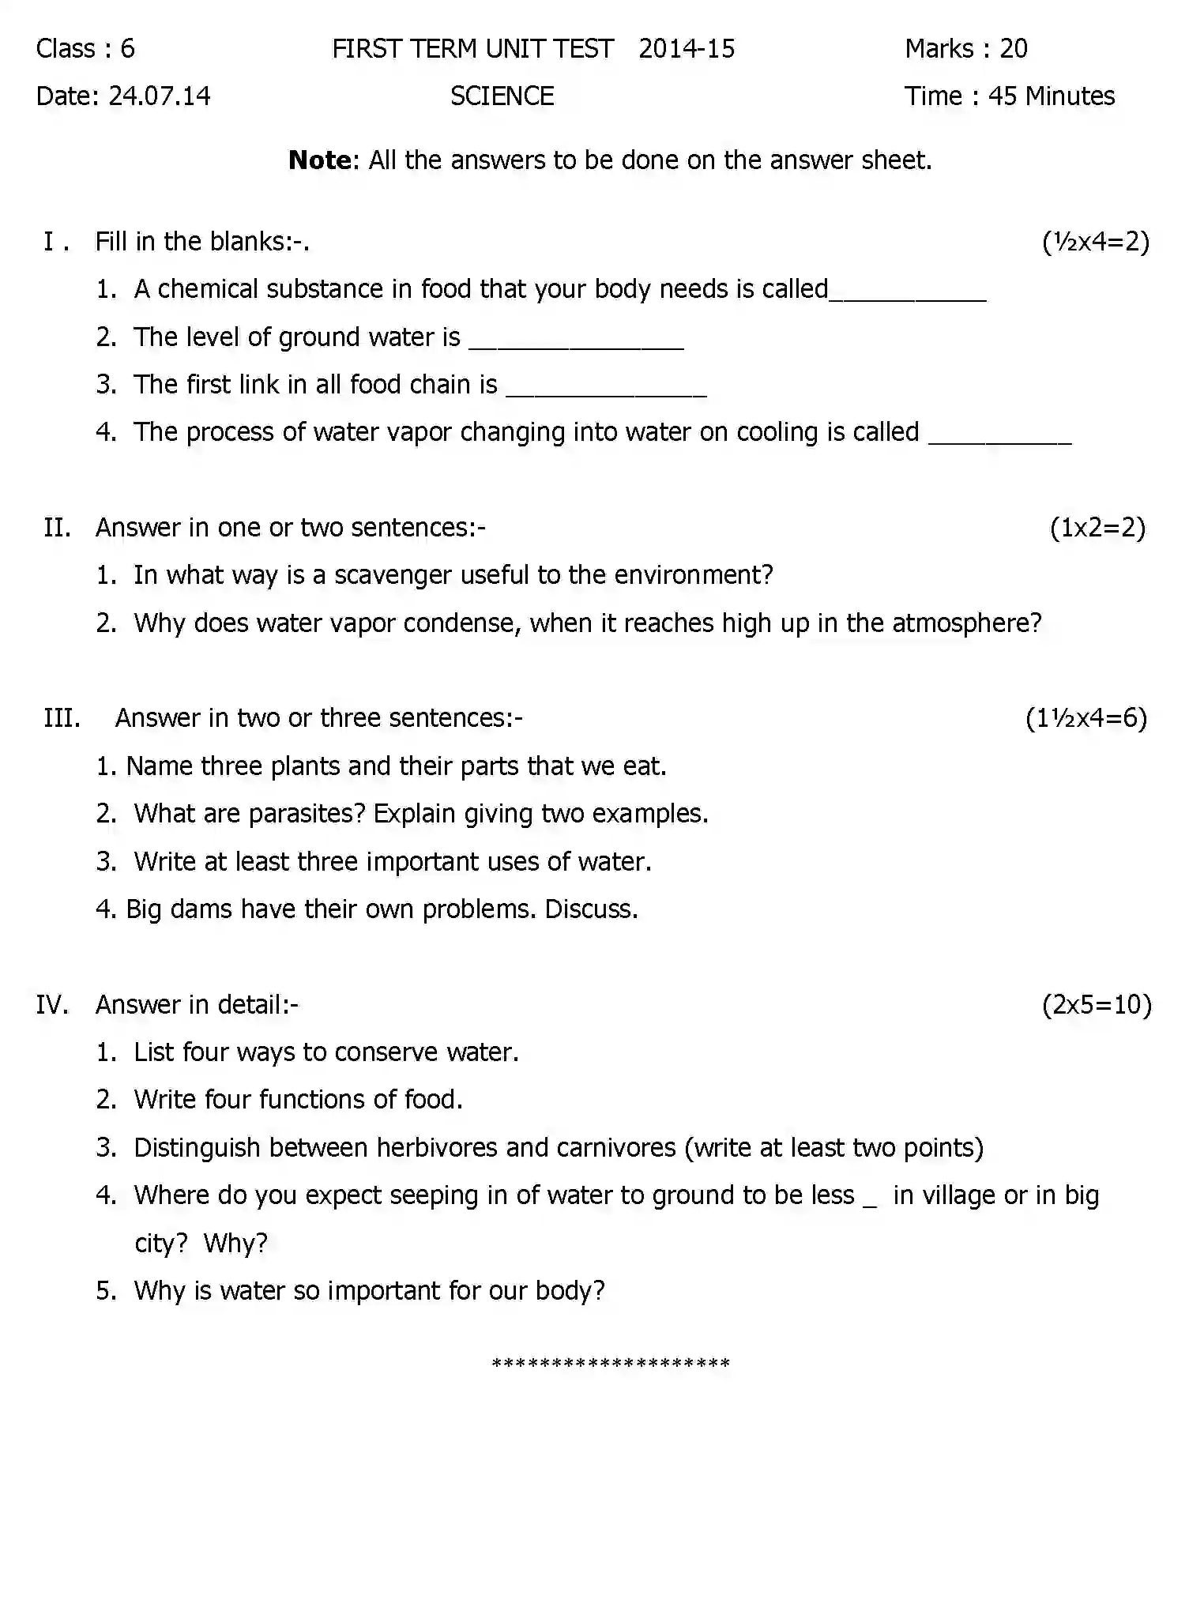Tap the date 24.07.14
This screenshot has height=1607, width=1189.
pos(160,96)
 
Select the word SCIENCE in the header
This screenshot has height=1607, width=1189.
pos(502,96)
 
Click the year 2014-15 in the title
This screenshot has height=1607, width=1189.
pos(687,49)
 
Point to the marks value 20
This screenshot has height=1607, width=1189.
pos(1014,49)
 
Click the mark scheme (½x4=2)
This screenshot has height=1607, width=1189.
pos(1096,241)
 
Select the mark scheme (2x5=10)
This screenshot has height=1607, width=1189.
pos(1097,1004)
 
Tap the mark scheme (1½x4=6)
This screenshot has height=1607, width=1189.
pos(1086,718)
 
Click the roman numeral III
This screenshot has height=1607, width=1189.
pos(62,718)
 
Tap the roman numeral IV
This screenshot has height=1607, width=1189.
pos(52,1005)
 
